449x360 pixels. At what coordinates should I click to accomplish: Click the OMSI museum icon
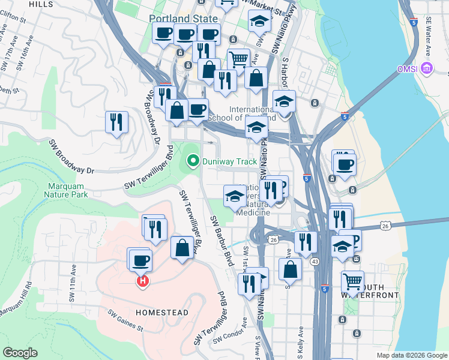[x=427, y=68]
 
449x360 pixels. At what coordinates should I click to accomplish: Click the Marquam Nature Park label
[x=67, y=190]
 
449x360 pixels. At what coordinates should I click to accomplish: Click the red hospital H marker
[x=142, y=281]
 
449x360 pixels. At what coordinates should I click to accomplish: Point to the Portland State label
[x=184, y=19]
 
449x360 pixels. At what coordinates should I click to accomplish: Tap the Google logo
[x=20, y=353]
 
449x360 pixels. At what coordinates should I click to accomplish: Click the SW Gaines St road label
[x=125, y=320]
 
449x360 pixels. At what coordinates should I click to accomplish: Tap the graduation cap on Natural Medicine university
[x=235, y=196]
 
